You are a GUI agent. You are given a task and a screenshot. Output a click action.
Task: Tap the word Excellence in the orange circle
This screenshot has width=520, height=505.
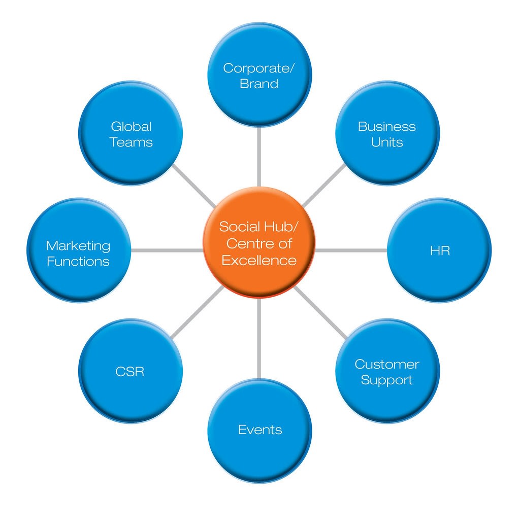(x=259, y=261)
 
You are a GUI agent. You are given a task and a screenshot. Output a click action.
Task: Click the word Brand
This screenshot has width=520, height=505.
(x=259, y=84)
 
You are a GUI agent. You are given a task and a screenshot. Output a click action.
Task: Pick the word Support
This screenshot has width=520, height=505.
(x=386, y=380)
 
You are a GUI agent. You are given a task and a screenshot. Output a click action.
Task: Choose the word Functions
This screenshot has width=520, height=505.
(x=78, y=262)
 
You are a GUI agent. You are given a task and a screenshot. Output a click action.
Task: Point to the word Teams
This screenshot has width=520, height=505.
(x=131, y=142)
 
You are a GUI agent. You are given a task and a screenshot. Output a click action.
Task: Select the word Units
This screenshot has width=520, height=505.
(x=386, y=142)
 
